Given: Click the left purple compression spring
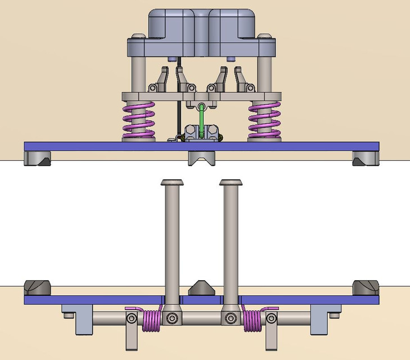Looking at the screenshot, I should (138, 120).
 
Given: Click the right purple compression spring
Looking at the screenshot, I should (264, 120).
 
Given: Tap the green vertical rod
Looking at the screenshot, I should (201, 120).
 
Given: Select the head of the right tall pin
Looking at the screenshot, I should (231, 183).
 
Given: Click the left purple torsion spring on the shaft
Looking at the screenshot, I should (150, 320).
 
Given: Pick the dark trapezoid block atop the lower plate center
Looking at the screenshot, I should (201, 288).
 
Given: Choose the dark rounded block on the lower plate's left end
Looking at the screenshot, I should (38, 287).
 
